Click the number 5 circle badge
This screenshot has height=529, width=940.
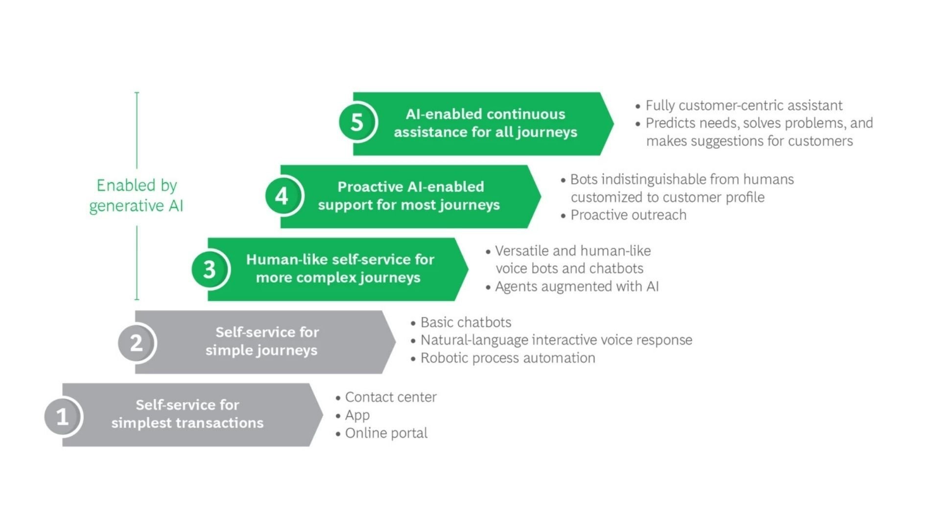coord(357,122)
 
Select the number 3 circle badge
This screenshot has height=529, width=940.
coord(210,269)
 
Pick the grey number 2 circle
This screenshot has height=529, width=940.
coord(136,342)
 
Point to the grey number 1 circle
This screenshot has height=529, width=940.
coord(62,416)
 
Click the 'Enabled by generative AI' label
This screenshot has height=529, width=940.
coord(137,195)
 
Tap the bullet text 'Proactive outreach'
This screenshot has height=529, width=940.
coord(628,215)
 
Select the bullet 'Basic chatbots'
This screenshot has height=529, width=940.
coord(466,322)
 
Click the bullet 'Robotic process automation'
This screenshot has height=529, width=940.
coord(508,358)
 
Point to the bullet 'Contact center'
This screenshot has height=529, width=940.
coord(390,397)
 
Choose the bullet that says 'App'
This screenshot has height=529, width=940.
coord(357,415)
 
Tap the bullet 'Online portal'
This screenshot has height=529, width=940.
coord(386,433)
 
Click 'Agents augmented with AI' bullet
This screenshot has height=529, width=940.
coord(576,287)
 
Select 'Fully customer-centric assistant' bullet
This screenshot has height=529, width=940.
coord(744,105)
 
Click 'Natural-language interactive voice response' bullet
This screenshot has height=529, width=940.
coord(556,340)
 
